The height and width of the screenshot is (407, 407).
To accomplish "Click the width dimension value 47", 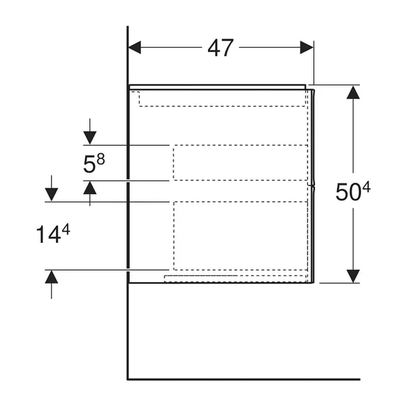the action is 220,48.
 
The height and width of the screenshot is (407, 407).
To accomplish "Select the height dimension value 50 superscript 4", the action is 353,192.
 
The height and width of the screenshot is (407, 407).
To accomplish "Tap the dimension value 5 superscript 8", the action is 94,163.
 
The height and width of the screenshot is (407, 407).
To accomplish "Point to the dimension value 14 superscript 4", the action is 53,234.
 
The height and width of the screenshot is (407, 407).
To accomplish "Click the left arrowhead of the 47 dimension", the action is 135,47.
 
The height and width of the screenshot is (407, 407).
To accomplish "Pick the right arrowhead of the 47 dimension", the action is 306,47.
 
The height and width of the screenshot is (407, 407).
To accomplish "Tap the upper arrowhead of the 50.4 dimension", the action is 353,92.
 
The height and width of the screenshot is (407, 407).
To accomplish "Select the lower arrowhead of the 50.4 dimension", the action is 353,276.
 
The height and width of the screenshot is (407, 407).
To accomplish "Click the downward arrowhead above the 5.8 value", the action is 90,138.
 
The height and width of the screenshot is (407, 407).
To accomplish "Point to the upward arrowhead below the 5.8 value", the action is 90,188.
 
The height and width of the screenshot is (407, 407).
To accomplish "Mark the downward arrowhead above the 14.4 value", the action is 51,194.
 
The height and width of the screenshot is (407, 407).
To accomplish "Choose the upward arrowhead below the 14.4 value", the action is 51,277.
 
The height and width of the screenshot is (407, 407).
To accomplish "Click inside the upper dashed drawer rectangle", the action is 240,163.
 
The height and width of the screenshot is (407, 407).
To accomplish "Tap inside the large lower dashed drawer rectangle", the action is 240,236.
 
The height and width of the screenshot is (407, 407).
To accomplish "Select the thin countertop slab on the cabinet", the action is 217,87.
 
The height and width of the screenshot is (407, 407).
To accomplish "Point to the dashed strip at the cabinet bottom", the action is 235,279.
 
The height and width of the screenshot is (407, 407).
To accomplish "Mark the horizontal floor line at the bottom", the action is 244,379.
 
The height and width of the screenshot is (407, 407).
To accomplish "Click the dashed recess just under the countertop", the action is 222,99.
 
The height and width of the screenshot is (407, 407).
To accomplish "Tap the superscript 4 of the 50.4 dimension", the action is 367,187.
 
